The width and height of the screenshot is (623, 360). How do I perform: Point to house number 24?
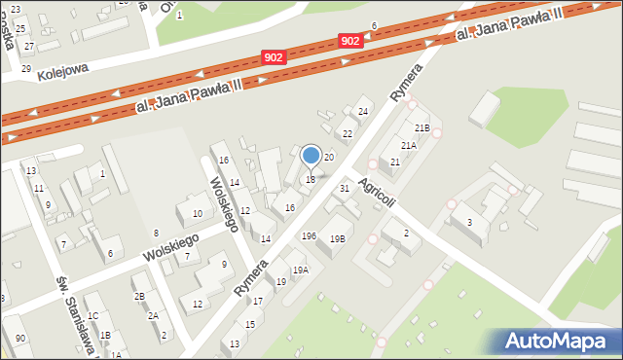coord(363,112)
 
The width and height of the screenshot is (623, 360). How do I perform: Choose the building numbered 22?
coord(347,133)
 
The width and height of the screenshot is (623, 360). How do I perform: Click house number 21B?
coord(421,127)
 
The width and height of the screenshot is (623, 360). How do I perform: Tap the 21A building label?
coord(409,145)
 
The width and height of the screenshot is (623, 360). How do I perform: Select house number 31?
coord(344,188)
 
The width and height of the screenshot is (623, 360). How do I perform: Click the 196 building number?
coord(309,236)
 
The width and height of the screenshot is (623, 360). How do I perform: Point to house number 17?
coord(258,302)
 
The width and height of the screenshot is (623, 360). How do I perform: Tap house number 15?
coord(249,324)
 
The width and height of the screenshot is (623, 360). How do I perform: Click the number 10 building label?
coord(197,213)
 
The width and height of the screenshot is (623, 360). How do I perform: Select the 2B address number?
coord(139,296)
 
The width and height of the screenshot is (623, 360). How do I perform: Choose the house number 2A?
coord(153,315)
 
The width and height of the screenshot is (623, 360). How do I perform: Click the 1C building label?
coord(92,316)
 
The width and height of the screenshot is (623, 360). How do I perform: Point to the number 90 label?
coord(20,338)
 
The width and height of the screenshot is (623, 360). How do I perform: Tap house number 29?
coord(25,68)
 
